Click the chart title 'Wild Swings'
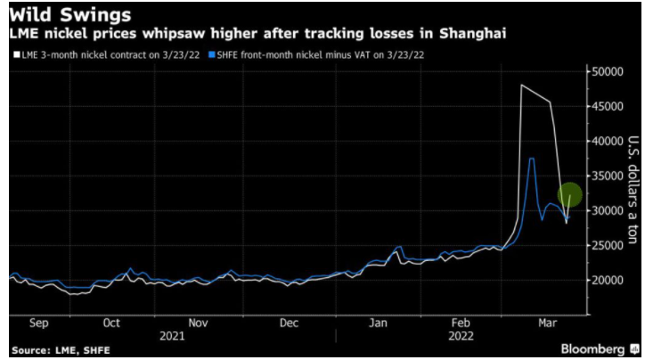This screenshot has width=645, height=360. tap(69, 15)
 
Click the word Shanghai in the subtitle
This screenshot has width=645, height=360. tap(473, 33)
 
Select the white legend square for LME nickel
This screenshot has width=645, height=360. tap(17, 54)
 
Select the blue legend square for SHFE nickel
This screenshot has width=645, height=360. tap(212, 54)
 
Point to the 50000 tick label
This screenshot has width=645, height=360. tap(608, 71)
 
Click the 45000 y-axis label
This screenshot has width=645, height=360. tap(608, 106)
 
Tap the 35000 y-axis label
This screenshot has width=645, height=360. tap(608, 176)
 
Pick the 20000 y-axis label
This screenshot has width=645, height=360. tap(608, 280)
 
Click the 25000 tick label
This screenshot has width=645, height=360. tap(608, 246)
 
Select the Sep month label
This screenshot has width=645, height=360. tap(39, 323)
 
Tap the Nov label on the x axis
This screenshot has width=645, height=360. tap(199, 323)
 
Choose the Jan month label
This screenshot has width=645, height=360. tap(378, 323)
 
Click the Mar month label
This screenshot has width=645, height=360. tap(548, 323)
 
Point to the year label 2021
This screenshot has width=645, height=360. tap(172, 336)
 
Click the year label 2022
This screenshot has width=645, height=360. tap(461, 336)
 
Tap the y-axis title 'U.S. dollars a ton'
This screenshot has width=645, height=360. tap(633, 189)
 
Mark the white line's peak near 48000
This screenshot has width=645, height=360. tap(521, 85)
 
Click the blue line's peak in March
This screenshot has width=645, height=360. tap(532, 159)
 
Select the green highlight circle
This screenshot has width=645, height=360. tap(570, 194)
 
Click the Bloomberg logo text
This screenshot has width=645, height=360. tap(592, 349)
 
